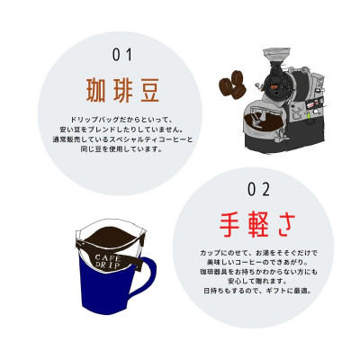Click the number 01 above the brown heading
122,55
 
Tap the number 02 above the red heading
258,190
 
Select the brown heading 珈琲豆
122,90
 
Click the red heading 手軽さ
257,225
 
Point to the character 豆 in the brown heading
147,90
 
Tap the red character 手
231,226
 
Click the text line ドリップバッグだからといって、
122,120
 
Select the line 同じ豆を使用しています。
121,148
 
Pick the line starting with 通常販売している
122,139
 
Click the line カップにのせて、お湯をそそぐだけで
258,253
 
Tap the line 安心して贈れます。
257,282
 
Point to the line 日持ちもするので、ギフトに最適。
257,291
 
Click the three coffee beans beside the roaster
232,85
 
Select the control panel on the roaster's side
311,109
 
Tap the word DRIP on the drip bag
108,265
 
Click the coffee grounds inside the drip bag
112,236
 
